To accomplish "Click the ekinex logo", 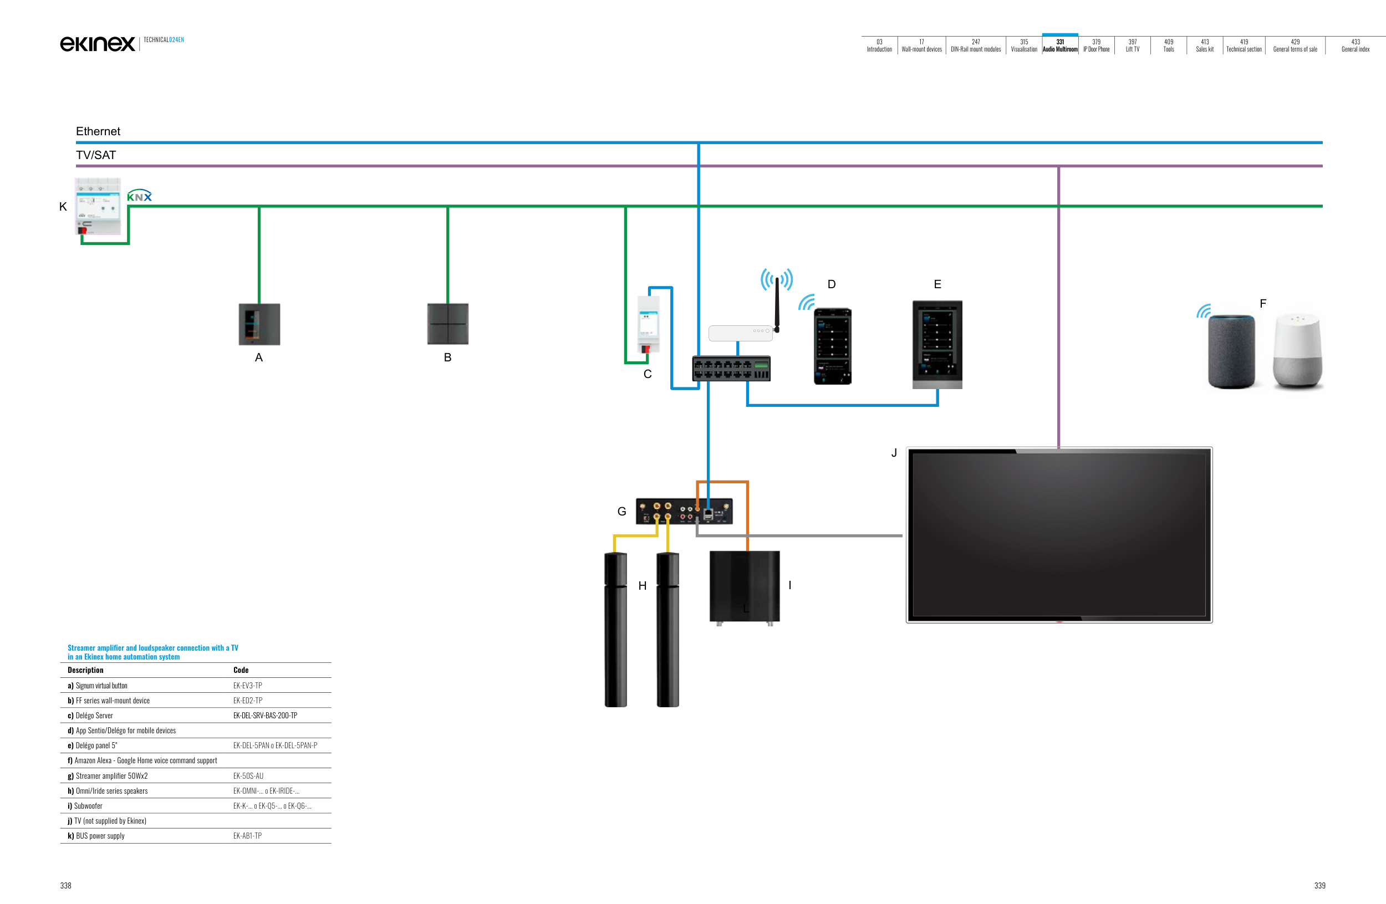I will tap(97, 44).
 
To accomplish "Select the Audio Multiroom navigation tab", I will tap(1060, 45).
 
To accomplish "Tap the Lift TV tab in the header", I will tap(1132, 45).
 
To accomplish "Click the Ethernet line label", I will tap(98, 131).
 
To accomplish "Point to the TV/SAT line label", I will tap(96, 155).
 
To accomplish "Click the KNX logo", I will tap(139, 196).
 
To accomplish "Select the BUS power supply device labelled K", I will tap(98, 207).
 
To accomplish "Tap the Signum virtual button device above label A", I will tap(259, 324).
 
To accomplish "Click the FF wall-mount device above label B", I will tap(448, 324).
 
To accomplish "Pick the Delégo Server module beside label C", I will tap(648, 324).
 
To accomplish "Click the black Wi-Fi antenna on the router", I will tap(777, 304).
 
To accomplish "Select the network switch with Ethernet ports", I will tap(731, 369).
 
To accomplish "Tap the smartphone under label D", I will tap(832, 346).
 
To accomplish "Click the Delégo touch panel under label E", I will tap(937, 344).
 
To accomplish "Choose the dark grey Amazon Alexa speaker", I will tap(1231, 351).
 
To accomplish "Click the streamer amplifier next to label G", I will tap(684, 511).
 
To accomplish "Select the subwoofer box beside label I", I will tap(744, 586).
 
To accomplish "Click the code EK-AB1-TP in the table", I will tap(247, 836).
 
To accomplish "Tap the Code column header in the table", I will tap(241, 670).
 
